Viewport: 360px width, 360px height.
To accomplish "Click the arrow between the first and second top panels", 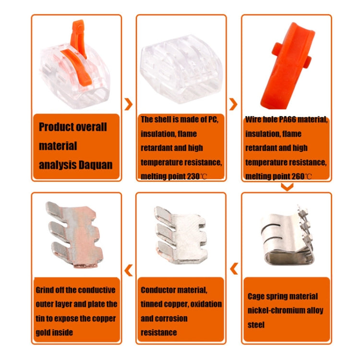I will click(128, 104).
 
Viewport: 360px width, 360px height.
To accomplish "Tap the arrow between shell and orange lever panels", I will click(233, 104).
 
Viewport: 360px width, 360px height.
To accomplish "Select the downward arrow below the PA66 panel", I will click(287, 187).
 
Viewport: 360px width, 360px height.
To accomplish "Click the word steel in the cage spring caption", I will click(256, 324).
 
